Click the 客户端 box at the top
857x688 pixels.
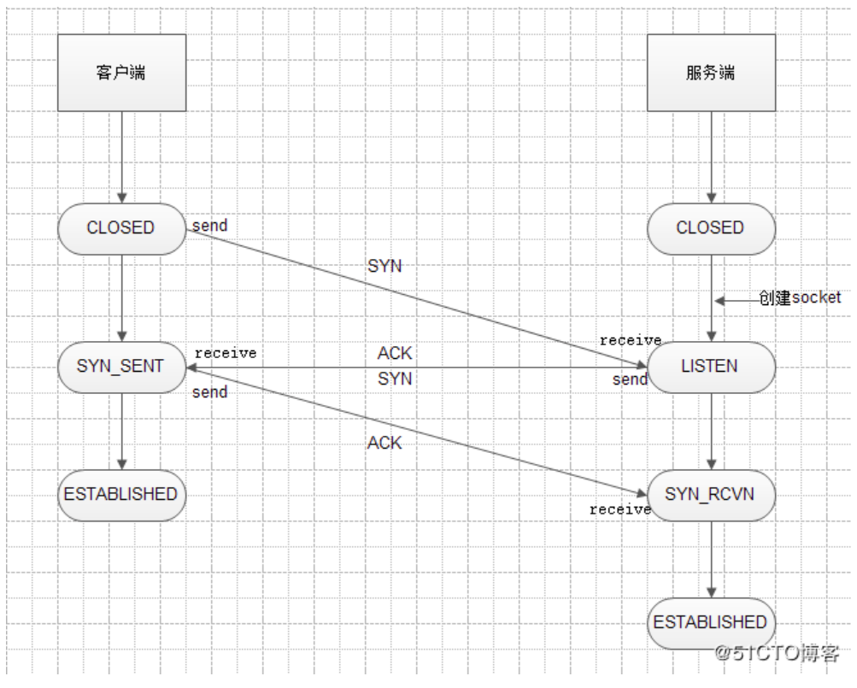[x=121, y=73]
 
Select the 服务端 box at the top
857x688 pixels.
[x=710, y=73]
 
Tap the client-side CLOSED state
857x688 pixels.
[x=121, y=228]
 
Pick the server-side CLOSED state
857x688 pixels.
[x=710, y=228]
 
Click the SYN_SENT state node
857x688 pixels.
[x=121, y=367]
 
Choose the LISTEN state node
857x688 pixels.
[x=710, y=367]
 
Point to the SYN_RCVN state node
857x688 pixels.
[x=710, y=495]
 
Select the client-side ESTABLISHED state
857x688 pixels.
[x=121, y=495]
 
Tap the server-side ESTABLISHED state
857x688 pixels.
[x=710, y=622]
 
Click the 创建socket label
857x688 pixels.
[x=800, y=298]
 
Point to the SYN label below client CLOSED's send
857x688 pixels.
[x=384, y=267]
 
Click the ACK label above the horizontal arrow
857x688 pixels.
[x=395, y=354]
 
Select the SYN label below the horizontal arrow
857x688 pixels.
[x=395, y=379]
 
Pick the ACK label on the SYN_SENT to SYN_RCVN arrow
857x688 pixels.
[x=384, y=444]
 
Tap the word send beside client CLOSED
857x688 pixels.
[x=209, y=226]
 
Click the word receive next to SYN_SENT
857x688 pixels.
[x=226, y=353]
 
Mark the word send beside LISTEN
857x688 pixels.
[x=630, y=379]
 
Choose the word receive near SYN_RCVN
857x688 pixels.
[x=620, y=509]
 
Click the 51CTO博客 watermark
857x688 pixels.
[x=778, y=654]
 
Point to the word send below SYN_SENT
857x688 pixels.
[x=209, y=392]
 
